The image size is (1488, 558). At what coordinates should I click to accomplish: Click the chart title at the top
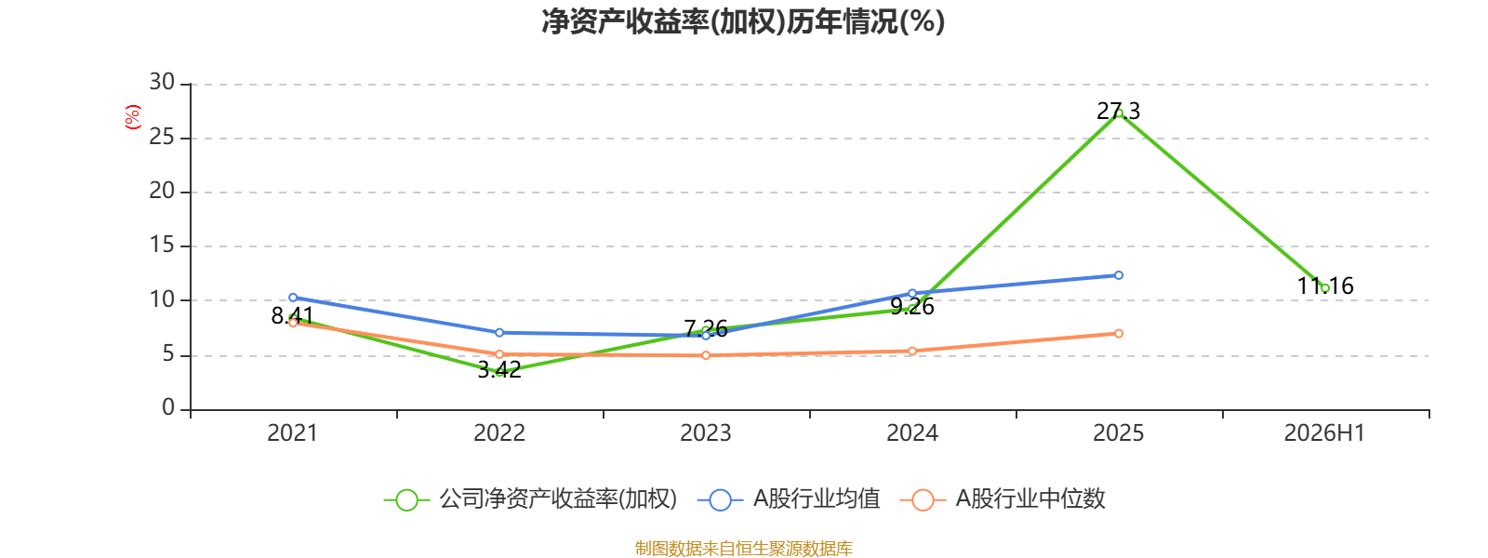point(743,22)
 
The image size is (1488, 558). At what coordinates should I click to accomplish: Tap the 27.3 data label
point(1118,111)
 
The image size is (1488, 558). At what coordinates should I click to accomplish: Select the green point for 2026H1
point(1324,288)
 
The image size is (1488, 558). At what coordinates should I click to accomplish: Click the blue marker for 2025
point(1119,275)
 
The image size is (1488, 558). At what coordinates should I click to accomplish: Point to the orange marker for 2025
point(1119,334)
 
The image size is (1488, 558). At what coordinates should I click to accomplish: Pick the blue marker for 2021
point(293,298)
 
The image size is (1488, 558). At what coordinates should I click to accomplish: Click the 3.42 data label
point(499,370)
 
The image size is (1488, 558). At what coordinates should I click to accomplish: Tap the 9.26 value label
point(912,307)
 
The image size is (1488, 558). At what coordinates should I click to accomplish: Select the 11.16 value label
point(1325,286)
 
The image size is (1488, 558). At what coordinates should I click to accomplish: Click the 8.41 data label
point(292,316)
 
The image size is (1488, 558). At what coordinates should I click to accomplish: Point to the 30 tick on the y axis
point(162,82)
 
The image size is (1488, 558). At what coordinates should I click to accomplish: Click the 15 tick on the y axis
point(162,246)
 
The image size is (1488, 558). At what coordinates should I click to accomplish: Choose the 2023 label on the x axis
point(706,433)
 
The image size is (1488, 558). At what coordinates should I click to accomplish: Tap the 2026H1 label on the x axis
point(1324,433)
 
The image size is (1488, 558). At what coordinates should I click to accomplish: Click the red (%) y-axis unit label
point(133,117)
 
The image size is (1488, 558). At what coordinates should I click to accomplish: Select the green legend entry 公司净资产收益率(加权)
point(531,498)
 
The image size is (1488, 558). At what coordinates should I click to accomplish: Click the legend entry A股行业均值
point(789,498)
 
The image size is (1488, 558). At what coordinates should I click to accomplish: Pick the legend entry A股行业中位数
point(1003,498)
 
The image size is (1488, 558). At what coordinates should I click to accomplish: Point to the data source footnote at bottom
point(743,548)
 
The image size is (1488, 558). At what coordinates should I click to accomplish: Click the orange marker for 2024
point(912,352)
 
